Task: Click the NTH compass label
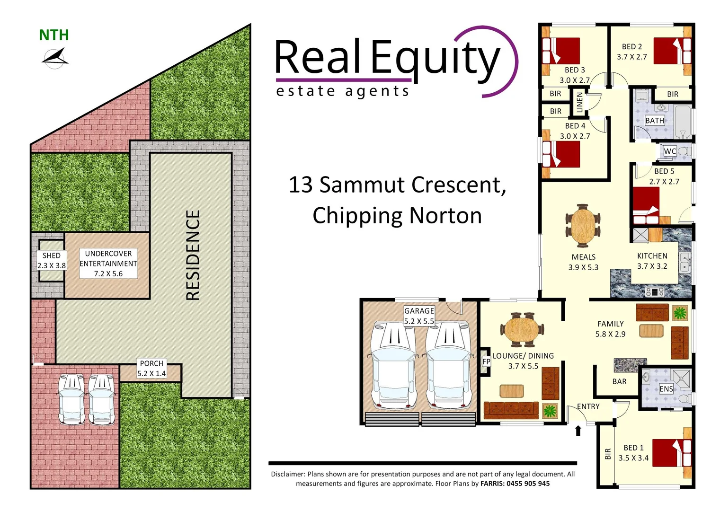[54, 35]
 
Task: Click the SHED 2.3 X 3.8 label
[52, 261]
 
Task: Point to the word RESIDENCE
[193, 255]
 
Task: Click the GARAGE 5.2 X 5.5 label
[419, 316]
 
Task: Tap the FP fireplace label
[486, 362]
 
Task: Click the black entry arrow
[578, 430]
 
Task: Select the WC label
[669, 151]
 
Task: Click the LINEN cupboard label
[580, 102]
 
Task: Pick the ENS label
[666, 389]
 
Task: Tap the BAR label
[619, 381]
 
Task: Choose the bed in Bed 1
[671, 453]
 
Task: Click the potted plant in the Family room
[680, 313]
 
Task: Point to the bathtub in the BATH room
[682, 122]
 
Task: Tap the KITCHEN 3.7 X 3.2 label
[652, 261]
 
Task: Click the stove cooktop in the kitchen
[655, 291]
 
